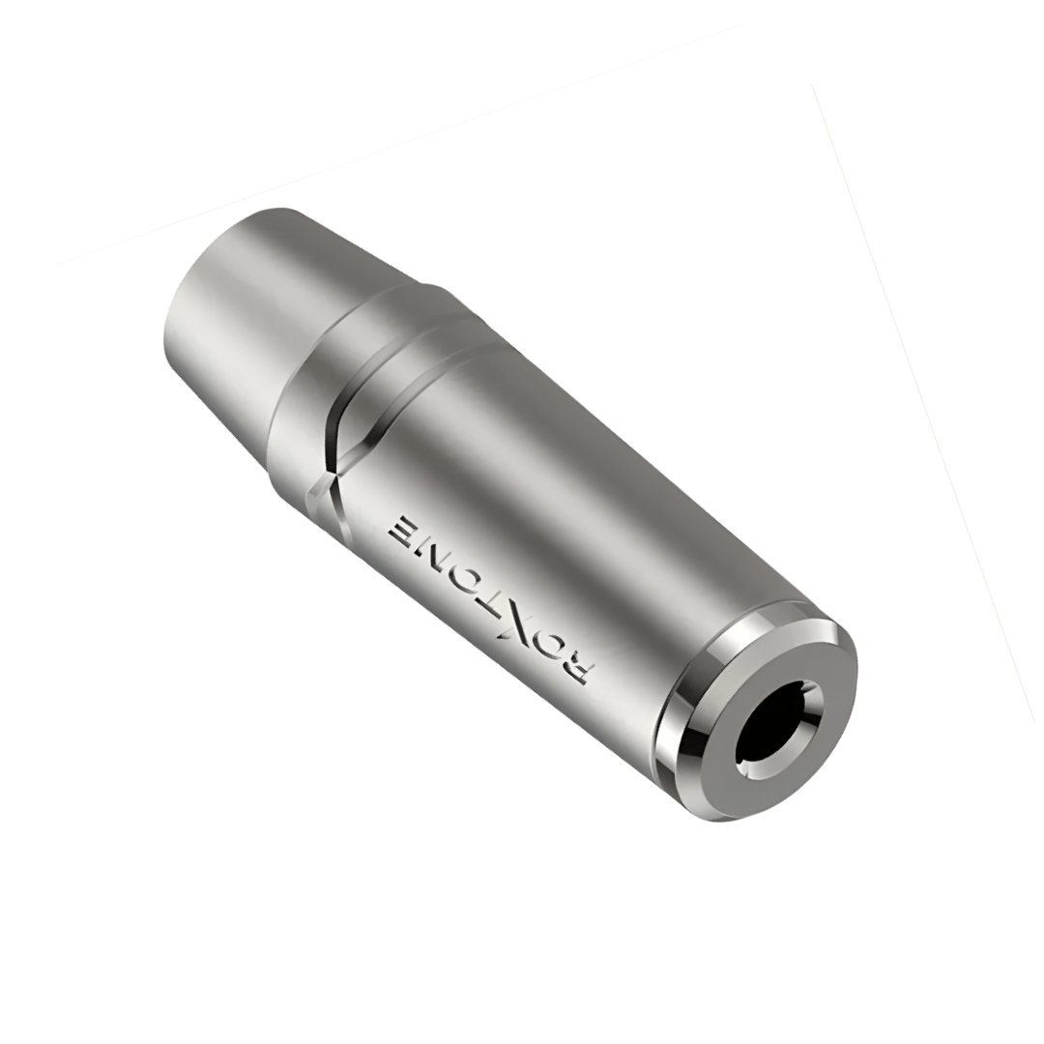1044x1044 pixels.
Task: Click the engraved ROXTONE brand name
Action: pyautogui.click(x=492, y=594)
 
